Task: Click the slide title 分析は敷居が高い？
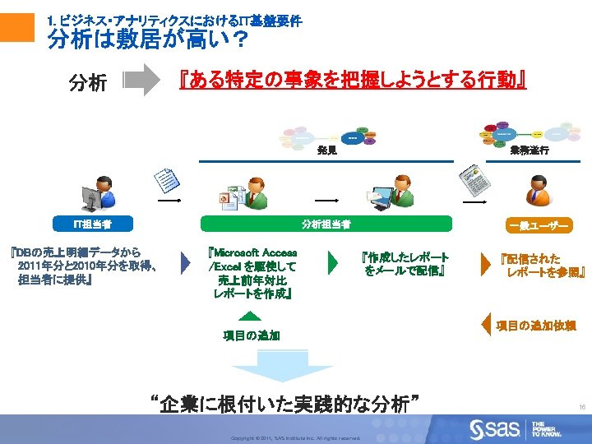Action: click(148, 39)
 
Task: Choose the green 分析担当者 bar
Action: click(326, 224)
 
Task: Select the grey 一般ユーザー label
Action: click(539, 225)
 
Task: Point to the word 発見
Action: click(326, 151)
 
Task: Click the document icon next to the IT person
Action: click(167, 180)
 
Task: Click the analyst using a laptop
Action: click(393, 192)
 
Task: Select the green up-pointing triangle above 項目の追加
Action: click(251, 317)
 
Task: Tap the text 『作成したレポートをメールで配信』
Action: click(406, 264)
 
